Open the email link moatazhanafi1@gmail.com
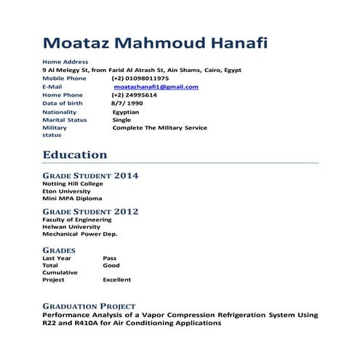(156, 87)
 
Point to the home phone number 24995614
(135, 95)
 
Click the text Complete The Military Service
(159, 127)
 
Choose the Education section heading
(75, 155)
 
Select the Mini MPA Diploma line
(73, 198)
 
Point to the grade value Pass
(110, 258)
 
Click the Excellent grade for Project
(117, 279)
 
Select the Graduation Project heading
(89, 306)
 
